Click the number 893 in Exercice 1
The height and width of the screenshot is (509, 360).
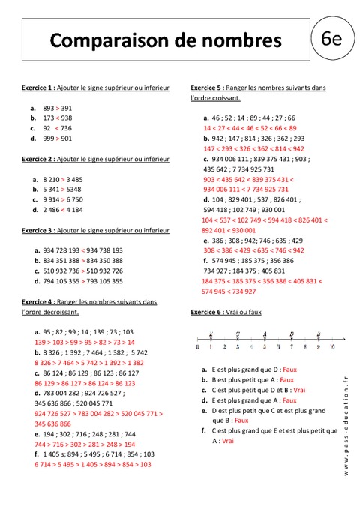pyautogui.click(x=49, y=108)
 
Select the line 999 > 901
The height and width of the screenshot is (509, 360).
pyautogui.click(x=58, y=139)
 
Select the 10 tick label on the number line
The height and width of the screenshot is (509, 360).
pyautogui.click(x=331, y=348)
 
